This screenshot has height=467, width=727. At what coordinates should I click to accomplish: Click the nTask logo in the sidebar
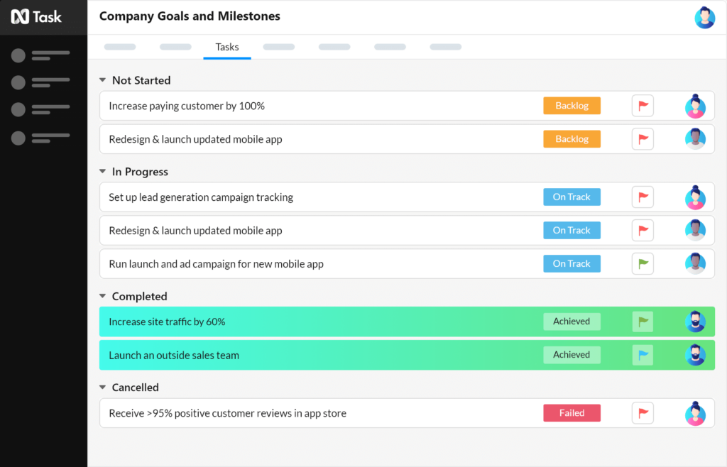click(x=36, y=17)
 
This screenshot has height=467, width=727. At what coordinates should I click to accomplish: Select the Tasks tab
click(x=227, y=47)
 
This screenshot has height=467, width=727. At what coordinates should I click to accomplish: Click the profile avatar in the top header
click(x=704, y=17)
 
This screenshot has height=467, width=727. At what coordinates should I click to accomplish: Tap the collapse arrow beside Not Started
click(x=102, y=80)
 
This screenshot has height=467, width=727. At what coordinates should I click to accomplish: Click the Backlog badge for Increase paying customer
click(x=572, y=106)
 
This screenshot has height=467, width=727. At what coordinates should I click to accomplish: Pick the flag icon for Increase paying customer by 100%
click(x=643, y=106)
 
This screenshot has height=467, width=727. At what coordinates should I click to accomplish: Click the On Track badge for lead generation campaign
click(x=572, y=197)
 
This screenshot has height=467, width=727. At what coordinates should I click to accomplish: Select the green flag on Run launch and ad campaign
click(x=643, y=263)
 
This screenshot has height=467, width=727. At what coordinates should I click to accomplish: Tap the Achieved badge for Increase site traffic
click(x=572, y=322)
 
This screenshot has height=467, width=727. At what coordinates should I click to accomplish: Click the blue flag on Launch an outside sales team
click(x=643, y=355)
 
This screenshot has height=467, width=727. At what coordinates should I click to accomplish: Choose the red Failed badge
click(x=572, y=413)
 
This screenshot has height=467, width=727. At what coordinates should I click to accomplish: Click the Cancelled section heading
click(x=135, y=388)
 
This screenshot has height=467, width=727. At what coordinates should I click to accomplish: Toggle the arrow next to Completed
click(x=102, y=297)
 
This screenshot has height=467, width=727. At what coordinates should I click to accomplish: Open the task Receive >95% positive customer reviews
click(x=227, y=413)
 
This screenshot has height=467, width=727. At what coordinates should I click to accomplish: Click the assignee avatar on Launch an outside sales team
click(x=695, y=355)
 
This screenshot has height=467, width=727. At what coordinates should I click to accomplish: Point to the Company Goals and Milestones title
click(x=190, y=16)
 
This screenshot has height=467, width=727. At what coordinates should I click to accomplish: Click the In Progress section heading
click(x=140, y=172)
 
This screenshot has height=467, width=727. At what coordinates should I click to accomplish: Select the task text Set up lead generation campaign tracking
click(x=201, y=197)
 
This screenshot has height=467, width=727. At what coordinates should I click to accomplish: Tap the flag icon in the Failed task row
click(x=643, y=413)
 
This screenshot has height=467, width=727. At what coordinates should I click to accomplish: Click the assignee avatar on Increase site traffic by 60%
click(x=695, y=322)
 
